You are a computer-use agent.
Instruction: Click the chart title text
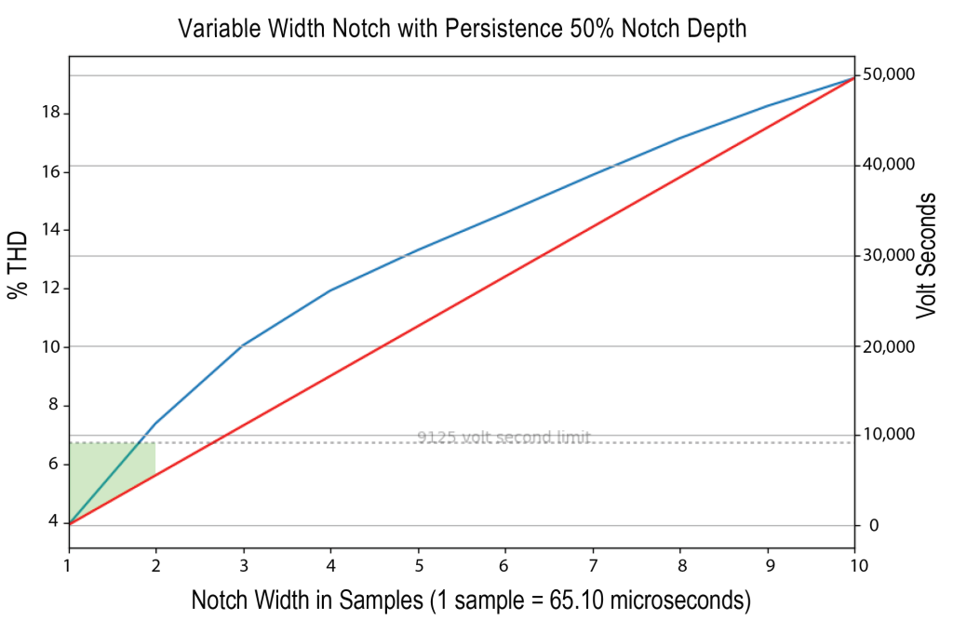click(x=463, y=29)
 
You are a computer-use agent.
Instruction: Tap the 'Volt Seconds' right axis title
click(x=926, y=255)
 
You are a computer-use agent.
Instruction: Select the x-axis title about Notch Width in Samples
click(x=471, y=600)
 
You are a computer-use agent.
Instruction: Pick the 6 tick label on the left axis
click(x=54, y=464)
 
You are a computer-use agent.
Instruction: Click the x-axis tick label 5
click(x=419, y=566)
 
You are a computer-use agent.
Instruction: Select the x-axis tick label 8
click(x=681, y=566)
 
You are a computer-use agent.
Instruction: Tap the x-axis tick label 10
click(x=854, y=566)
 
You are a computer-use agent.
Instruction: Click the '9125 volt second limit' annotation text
click(x=503, y=437)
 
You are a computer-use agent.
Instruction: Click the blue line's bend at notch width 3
click(x=243, y=345)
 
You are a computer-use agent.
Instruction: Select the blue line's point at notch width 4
click(x=330, y=290)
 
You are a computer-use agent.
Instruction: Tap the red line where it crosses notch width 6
click(x=505, y=277)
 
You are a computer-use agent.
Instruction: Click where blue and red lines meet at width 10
click(x=854, y=78)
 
